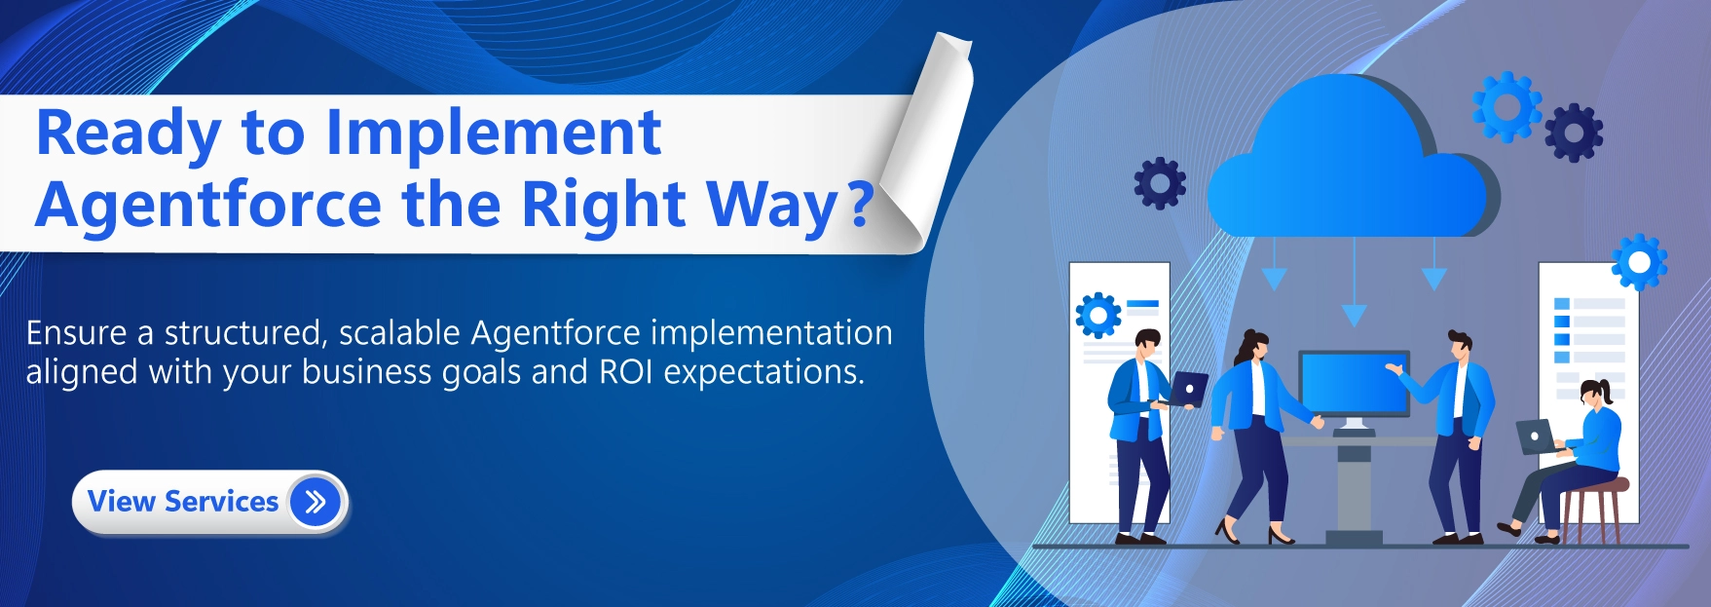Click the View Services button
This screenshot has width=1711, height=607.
pos(209,503)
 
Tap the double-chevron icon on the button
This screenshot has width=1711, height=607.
pos(315,503)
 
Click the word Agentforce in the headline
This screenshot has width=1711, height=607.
pos(208,205)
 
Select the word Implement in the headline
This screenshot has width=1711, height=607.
pos(494,133)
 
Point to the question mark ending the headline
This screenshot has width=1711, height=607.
pos(860,204)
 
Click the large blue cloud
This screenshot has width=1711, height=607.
pos(1352,161)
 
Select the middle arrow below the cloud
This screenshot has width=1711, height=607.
pos(1354,283)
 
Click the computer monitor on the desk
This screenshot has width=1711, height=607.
pos(1354,385)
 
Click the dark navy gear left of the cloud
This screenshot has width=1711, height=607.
pos(1160,183)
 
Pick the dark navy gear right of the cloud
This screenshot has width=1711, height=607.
pos(1574,133)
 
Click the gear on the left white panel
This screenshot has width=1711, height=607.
pos(1098,316)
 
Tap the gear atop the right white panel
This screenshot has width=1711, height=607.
pos(1640,262)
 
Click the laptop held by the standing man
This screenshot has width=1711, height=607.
pos(1188,389)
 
